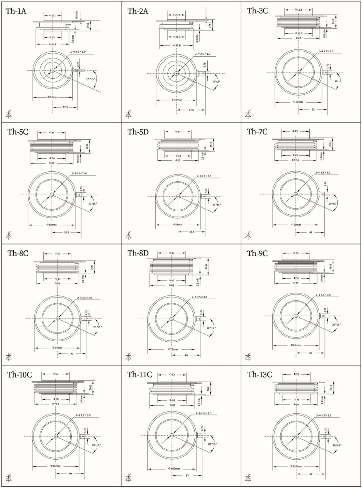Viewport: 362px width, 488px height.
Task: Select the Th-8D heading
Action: point(138,253)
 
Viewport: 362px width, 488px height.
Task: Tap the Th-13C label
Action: point(260,374)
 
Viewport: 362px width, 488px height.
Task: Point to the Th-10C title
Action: point(19,375)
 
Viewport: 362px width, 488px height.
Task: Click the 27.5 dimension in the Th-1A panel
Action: point(65,107)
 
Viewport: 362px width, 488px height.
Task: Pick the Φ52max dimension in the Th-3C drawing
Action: point(298,102)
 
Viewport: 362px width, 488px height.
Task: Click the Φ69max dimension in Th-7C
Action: point(296,225)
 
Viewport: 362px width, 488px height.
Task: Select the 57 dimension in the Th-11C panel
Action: point(187,475)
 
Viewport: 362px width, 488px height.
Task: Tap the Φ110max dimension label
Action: point(296,466)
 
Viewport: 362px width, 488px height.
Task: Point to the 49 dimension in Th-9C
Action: point(310,353)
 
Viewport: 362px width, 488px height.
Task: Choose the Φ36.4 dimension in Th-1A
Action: point(53,44)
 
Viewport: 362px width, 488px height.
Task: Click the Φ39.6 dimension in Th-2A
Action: point(177,45)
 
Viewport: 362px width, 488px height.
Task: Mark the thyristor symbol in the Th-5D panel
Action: point(128,235)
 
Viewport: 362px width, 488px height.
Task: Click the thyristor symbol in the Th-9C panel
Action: point(248,357)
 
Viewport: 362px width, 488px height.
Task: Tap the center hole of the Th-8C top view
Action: point(57,318)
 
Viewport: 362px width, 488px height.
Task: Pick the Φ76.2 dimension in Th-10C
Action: point(56,404)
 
